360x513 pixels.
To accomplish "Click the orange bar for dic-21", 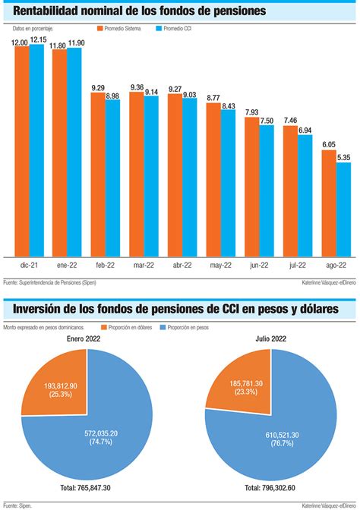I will [x=22, y=152].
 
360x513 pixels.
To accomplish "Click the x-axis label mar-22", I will [x=144, y=266].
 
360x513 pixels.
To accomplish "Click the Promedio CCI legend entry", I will [x=174, y=28].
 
